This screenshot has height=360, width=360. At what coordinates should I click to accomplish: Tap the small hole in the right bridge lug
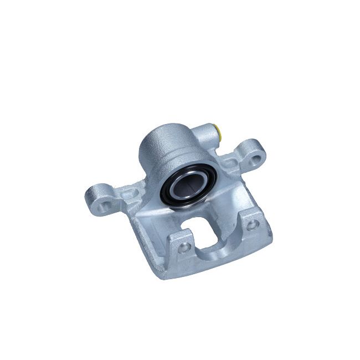tap(253, 224)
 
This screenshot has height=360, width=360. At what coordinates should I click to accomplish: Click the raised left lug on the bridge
tap(180, 244)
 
